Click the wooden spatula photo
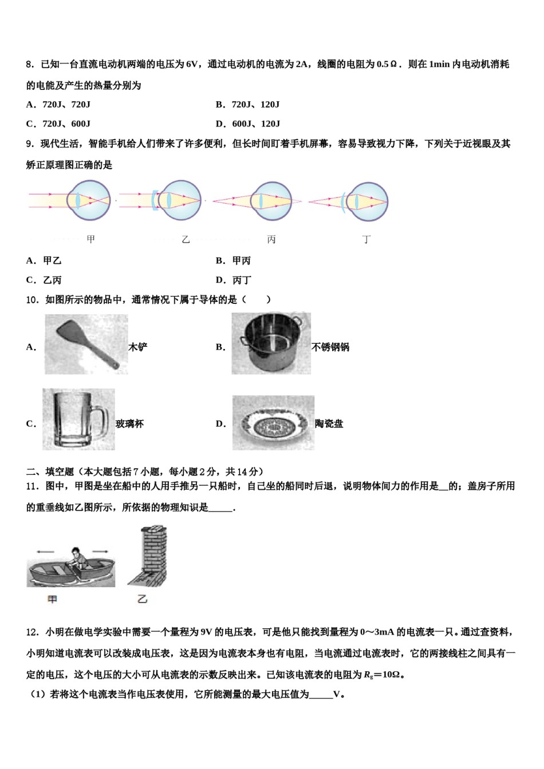[x=86, y=344]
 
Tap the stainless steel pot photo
[x=271, y=344]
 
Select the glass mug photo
[x=78, y=419]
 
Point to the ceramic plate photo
[x=273, y=423]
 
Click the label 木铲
[x=137, y=347]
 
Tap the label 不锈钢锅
[x=330, y=347]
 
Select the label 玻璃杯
[x=129, y=424]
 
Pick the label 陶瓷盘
[x=329, y=424]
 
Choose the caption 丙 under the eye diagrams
[x=271, y=240]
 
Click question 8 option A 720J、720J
[x=58, y=105]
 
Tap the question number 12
[x=32, y=632]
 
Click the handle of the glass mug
[x=103, y=423]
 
